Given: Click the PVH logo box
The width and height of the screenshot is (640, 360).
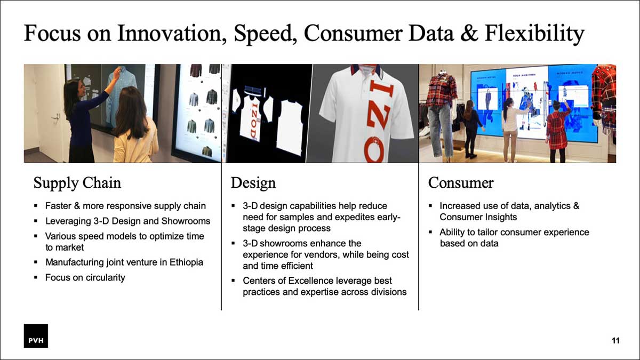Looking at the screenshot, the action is [36, 335].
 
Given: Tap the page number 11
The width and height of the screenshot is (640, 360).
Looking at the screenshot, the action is [615, 341].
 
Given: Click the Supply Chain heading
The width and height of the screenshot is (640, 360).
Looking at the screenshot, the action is [77, 183].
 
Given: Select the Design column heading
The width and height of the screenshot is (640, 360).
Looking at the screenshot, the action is [253, 183].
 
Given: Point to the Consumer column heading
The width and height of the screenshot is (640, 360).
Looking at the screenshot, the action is [461, 183].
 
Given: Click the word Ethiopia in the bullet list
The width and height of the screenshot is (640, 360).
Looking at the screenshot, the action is [186, 262].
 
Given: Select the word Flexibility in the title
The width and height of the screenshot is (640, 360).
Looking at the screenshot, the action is [534, 34].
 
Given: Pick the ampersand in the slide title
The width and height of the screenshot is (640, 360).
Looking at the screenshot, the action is [469, 33].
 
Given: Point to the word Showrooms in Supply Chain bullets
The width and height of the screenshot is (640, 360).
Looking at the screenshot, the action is [186, 221].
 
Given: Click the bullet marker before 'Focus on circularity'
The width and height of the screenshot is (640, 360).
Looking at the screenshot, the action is [35, 277].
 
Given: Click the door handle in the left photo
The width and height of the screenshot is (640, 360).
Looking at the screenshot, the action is [55, 117].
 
